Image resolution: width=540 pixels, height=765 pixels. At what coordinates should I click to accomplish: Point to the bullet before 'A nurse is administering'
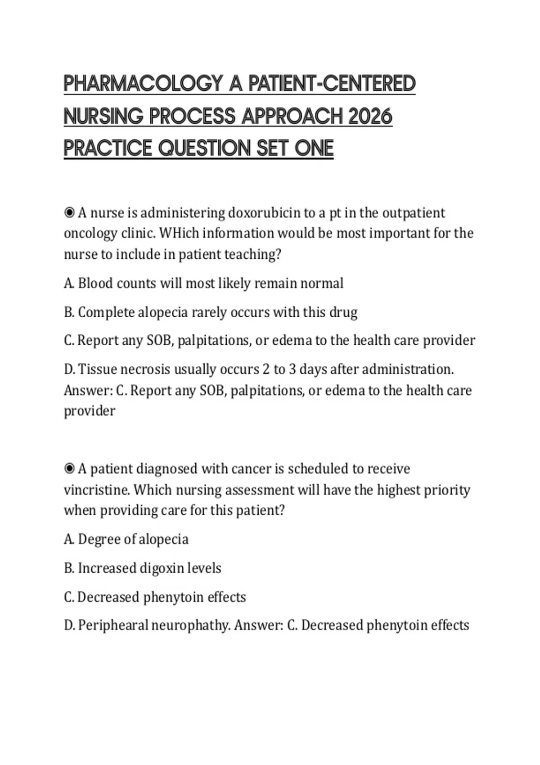[69, 212]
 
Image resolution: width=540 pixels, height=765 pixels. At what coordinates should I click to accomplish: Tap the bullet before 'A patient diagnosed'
[69, 469]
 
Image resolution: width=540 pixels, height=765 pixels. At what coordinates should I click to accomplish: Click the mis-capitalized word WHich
[179, 234]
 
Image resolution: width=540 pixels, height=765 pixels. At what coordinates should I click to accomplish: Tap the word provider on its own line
[89, 411]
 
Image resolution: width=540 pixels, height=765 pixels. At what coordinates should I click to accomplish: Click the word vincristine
[96, 490]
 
